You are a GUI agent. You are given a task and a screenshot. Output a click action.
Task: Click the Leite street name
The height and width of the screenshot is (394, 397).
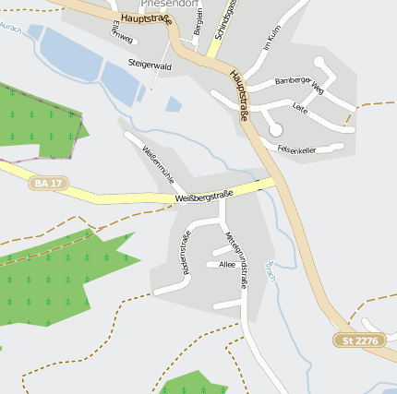pyautogui.click(x=299, y=109)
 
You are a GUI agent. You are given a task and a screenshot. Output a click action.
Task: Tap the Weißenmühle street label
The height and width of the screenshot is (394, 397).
pyautogui.click(x=158, y=161)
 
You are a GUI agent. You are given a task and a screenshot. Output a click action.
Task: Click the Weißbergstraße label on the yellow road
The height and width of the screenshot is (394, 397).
pyautogui.click(x=203, y=197)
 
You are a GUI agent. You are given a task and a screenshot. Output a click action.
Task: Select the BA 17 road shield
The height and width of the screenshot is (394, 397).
pyautogui.click(x=47, y=184)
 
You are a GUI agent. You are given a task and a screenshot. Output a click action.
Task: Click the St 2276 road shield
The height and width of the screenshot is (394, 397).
pyautogui.click(x=360, y=340)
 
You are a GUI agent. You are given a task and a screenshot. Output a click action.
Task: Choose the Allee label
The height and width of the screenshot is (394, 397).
pyautogui.click(x=227, y=265)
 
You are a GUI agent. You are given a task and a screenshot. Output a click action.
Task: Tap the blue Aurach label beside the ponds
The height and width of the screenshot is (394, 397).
pyautogui.click(x=10, y=30)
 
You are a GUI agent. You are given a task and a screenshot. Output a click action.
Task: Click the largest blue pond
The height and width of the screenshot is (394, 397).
pyautogui.click(x=69, y=54)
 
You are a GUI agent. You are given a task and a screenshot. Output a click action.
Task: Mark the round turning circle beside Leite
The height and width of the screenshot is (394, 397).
pyautogui.click(x=275, y=130)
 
